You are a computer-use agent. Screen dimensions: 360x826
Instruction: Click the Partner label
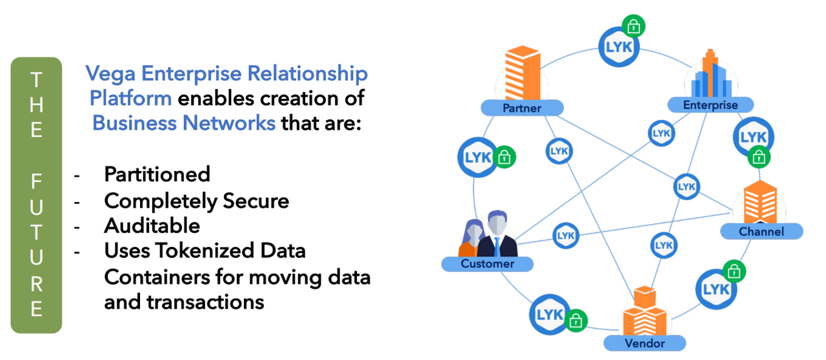pyautogui.click(x=522, y=108)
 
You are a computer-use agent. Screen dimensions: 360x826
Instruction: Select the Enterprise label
pyautogui.click(x=710, y=105)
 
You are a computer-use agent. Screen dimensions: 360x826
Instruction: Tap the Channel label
pyautogui.click(x=761, y=232)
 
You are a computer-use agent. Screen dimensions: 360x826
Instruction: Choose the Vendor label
pyautogui.click(x=644, y=343)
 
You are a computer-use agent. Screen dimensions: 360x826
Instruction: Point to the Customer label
pyautogui.click(x=487, y=263)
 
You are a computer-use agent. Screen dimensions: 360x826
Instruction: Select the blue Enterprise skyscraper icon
pyautogui.click(x=709, y=74)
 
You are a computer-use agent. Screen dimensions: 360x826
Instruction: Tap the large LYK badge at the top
pyautogui.click(x=618, y=46)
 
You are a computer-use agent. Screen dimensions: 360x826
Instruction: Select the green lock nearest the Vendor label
pyautogui.click(x=576, y=319)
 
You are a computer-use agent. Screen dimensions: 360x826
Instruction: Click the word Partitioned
pyautogui.click(x=157, y=174)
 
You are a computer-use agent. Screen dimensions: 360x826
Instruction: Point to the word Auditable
pyautogui.click(x=152, y=225)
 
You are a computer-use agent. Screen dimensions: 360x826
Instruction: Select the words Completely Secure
pyautogui.click(x=196, y=201)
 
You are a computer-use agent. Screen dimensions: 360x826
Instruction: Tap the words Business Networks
pyautogui.click(x=184, y=123)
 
